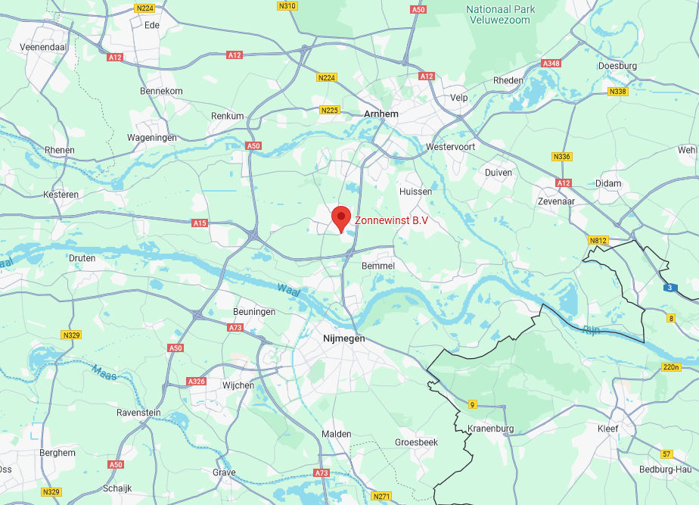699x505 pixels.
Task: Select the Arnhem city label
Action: pyautogui.click(x=381, y=113)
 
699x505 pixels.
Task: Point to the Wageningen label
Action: pyautogui.click(x=151, y=138)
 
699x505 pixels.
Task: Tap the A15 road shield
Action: pyautogui.click(x=200, y=223)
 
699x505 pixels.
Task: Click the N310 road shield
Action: pyautogui.click(x=287, y=6)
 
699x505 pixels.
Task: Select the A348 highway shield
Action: pyautogui.click(x=551, y=64)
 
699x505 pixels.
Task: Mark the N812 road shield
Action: pyautogui.click(x=598, y=240)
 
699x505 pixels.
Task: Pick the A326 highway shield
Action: pyautogui.click(x=196, y=381)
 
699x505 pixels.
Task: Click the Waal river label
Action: pyautogui.click(x=285, y=288)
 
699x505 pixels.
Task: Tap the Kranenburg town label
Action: pyautogui.click(x=491, y=429)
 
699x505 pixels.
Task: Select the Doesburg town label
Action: pyautogui.click(x=617, y=66)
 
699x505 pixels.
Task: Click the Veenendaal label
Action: pyautogui.click(x=39, y=47)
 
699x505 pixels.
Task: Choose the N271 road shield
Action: pyautogui.click(x=381, y=497)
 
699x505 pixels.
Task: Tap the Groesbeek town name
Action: pyautogui.click(x=417, y=442)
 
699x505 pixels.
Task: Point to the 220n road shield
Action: pyautogui.click(x=671, y=367)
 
